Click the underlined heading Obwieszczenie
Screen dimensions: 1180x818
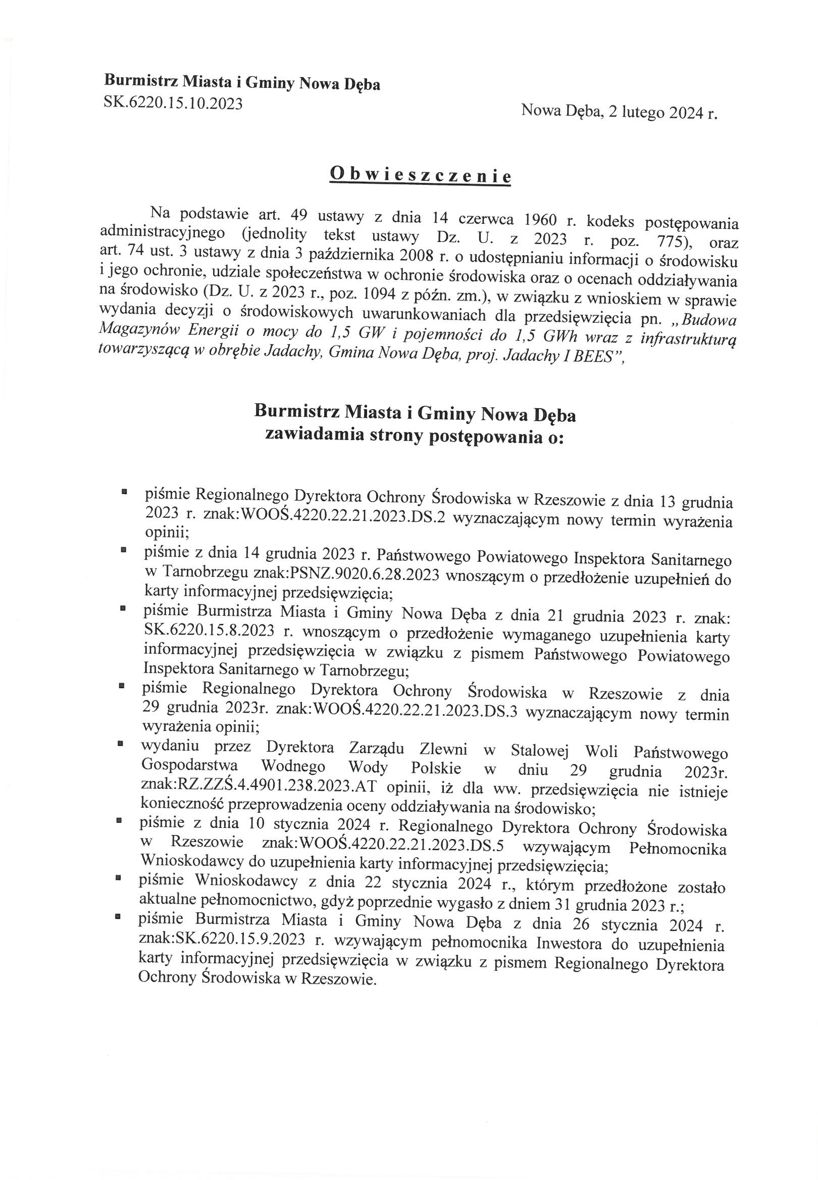coord(420,176)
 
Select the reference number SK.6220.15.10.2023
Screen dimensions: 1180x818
coord(173,104)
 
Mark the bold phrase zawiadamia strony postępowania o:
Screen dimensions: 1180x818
coord(415,436)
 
